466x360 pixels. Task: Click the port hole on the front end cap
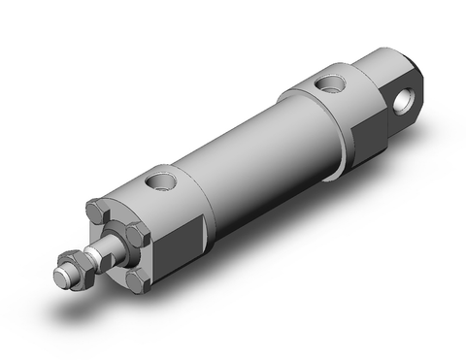[160, 181]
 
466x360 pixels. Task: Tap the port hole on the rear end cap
[334, 82]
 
